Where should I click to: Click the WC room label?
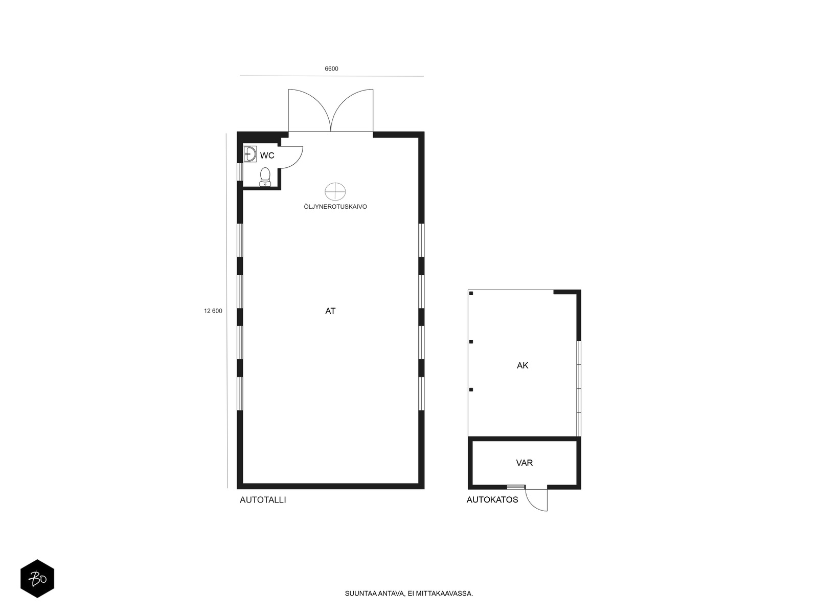pos(267,156)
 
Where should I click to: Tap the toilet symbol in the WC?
pos(265,177)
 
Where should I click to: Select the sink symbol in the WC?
pos(250,154)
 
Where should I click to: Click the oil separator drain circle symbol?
pos(335,191)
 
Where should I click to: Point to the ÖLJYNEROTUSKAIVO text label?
pos(335,207)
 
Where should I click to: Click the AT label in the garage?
pos(330,311)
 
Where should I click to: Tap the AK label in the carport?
pos(522,366)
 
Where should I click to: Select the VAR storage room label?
pos(525,463)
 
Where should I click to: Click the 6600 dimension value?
pos(331,69)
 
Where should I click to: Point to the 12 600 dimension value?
pos(213,311)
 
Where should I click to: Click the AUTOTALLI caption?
pos(263,500)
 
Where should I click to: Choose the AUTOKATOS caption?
pos(492,499)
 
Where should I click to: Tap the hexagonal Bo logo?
pos(37,579)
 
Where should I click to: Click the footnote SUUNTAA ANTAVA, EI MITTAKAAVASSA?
pos(409,594)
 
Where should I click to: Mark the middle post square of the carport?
pos(471,342)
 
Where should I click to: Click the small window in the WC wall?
pos(240,172)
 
